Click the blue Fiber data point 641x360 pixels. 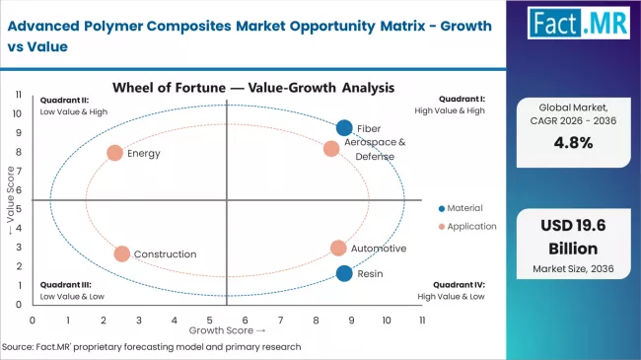tap(344, 127)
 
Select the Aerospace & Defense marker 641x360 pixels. tap(331, 149)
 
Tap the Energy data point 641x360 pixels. tap(114, 153)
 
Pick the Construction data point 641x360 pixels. tap(121, 253)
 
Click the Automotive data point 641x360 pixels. tap(338, 249)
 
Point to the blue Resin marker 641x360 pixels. tap(343, 273)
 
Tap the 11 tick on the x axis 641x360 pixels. tap(421, 320)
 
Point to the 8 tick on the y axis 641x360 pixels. tap(19, 152)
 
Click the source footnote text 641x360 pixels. tap(152, 347)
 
